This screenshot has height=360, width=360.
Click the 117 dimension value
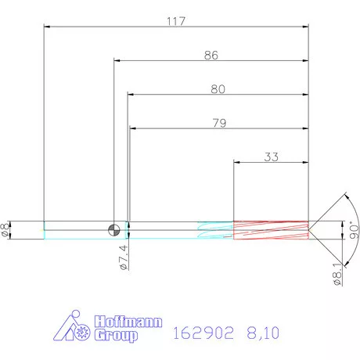pos(176,21)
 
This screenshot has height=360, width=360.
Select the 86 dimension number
pos(211,56)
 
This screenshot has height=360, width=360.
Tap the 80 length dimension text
pos(218,89)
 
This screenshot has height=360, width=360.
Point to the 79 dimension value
pos(218,122)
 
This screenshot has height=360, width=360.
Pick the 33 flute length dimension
pos(271,157)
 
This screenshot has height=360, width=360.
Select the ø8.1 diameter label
pos(337,275)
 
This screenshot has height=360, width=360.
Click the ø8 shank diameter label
pos(5,229)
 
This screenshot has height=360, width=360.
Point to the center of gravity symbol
pos(114,229)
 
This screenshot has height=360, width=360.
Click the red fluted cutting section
pos(270,229)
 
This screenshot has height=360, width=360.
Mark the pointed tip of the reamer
pos(311,229)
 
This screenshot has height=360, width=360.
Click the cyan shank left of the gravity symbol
pos(74,229)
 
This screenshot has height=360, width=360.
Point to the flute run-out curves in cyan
pos(215,229)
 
